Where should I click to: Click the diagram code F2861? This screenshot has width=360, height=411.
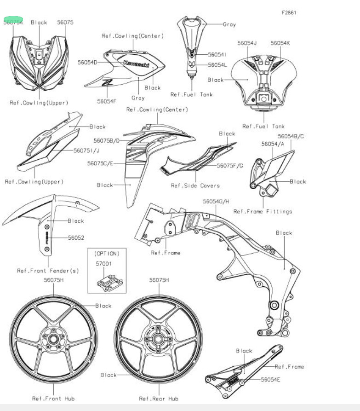tap(289, 12)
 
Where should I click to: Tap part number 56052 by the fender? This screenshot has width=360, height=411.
tap(76, 237)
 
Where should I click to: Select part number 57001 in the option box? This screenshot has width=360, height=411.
tap(106, 264)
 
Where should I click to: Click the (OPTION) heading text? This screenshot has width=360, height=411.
tap(107, 253)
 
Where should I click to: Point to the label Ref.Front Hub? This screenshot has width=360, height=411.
tap(53, 398)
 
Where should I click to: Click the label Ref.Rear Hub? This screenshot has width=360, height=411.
tap(159, 398)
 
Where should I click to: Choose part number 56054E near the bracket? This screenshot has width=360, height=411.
tap(271, 379)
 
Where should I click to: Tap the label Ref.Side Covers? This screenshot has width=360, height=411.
tap(195, 185)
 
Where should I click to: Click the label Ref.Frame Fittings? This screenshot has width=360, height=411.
tap(263, 211)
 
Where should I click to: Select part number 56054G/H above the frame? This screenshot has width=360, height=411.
tap(216, 201)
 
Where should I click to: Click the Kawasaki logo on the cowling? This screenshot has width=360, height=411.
tap(136, 64)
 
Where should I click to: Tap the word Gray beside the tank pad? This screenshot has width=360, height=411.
tap(229, 24)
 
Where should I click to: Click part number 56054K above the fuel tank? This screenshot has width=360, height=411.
tap(280, 43)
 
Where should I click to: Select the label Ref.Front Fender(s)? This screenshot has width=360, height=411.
tap(48, 270)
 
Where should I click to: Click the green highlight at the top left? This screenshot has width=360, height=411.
tap(13, 20)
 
